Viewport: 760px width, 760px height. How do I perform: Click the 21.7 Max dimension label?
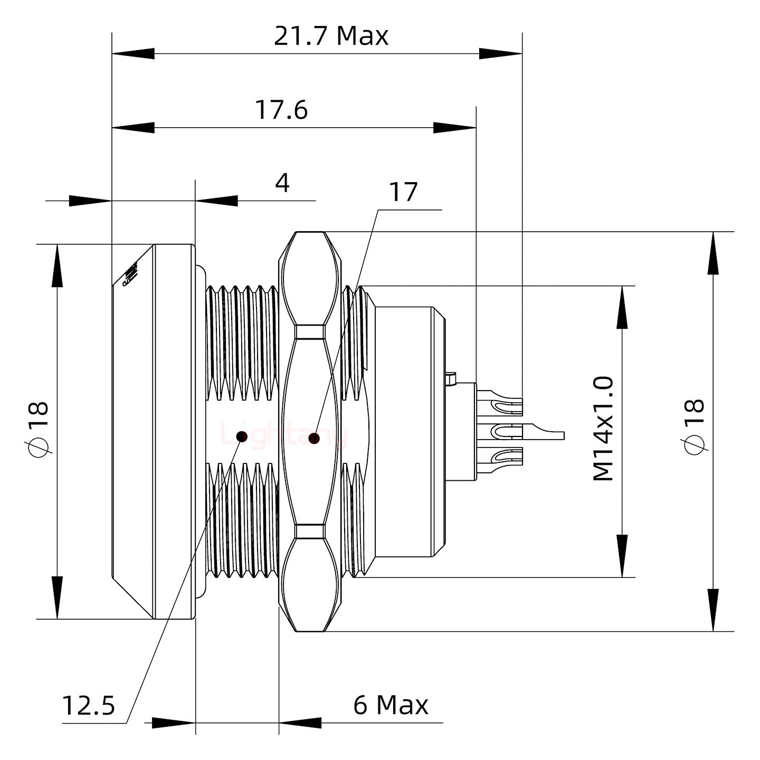click(331, 36)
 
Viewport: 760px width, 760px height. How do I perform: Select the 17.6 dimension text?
click(281, 110)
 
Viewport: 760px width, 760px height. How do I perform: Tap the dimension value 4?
click(282, 184)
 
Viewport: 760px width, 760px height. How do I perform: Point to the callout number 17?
click(403, 192)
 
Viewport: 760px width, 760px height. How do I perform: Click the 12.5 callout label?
click(89, 705)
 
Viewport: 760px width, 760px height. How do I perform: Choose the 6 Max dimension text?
click(391, 705)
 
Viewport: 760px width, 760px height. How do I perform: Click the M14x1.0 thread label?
click(603, 429)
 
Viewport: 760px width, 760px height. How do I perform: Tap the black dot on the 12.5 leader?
click(242, 436)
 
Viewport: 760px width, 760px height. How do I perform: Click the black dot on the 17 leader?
click(315, 438)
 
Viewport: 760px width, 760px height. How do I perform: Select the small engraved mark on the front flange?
click(130, 274)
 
